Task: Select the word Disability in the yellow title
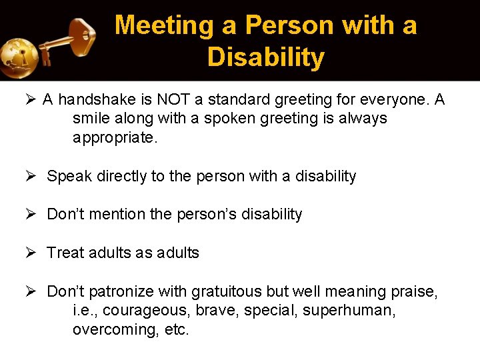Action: click(x=265, y=57)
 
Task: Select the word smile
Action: click(x=92, y=119)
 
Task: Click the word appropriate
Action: click(x=115, y=138)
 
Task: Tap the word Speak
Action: click(x=68, y=177)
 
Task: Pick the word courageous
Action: click(x=137, y=311)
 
